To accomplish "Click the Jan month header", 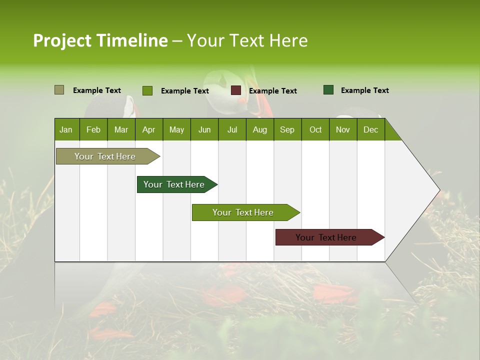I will pos(66,129).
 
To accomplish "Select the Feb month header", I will pos(93,129).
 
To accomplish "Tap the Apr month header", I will pos(148,129).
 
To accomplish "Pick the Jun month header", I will pos(204,129).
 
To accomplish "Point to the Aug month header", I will pos(259,129).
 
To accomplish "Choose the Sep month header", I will pos(287,129).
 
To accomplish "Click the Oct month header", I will pos(315,129).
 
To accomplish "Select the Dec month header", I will pos(370,129).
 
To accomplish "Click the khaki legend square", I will pos(59,90).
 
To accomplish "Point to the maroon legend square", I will pos(236,90).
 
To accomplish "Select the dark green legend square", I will pos(328,90).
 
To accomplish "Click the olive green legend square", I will pos(147,90).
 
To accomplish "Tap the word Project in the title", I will pos(62,40).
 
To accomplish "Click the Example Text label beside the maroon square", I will pos(272,91).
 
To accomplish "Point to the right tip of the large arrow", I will pos(438,190).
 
